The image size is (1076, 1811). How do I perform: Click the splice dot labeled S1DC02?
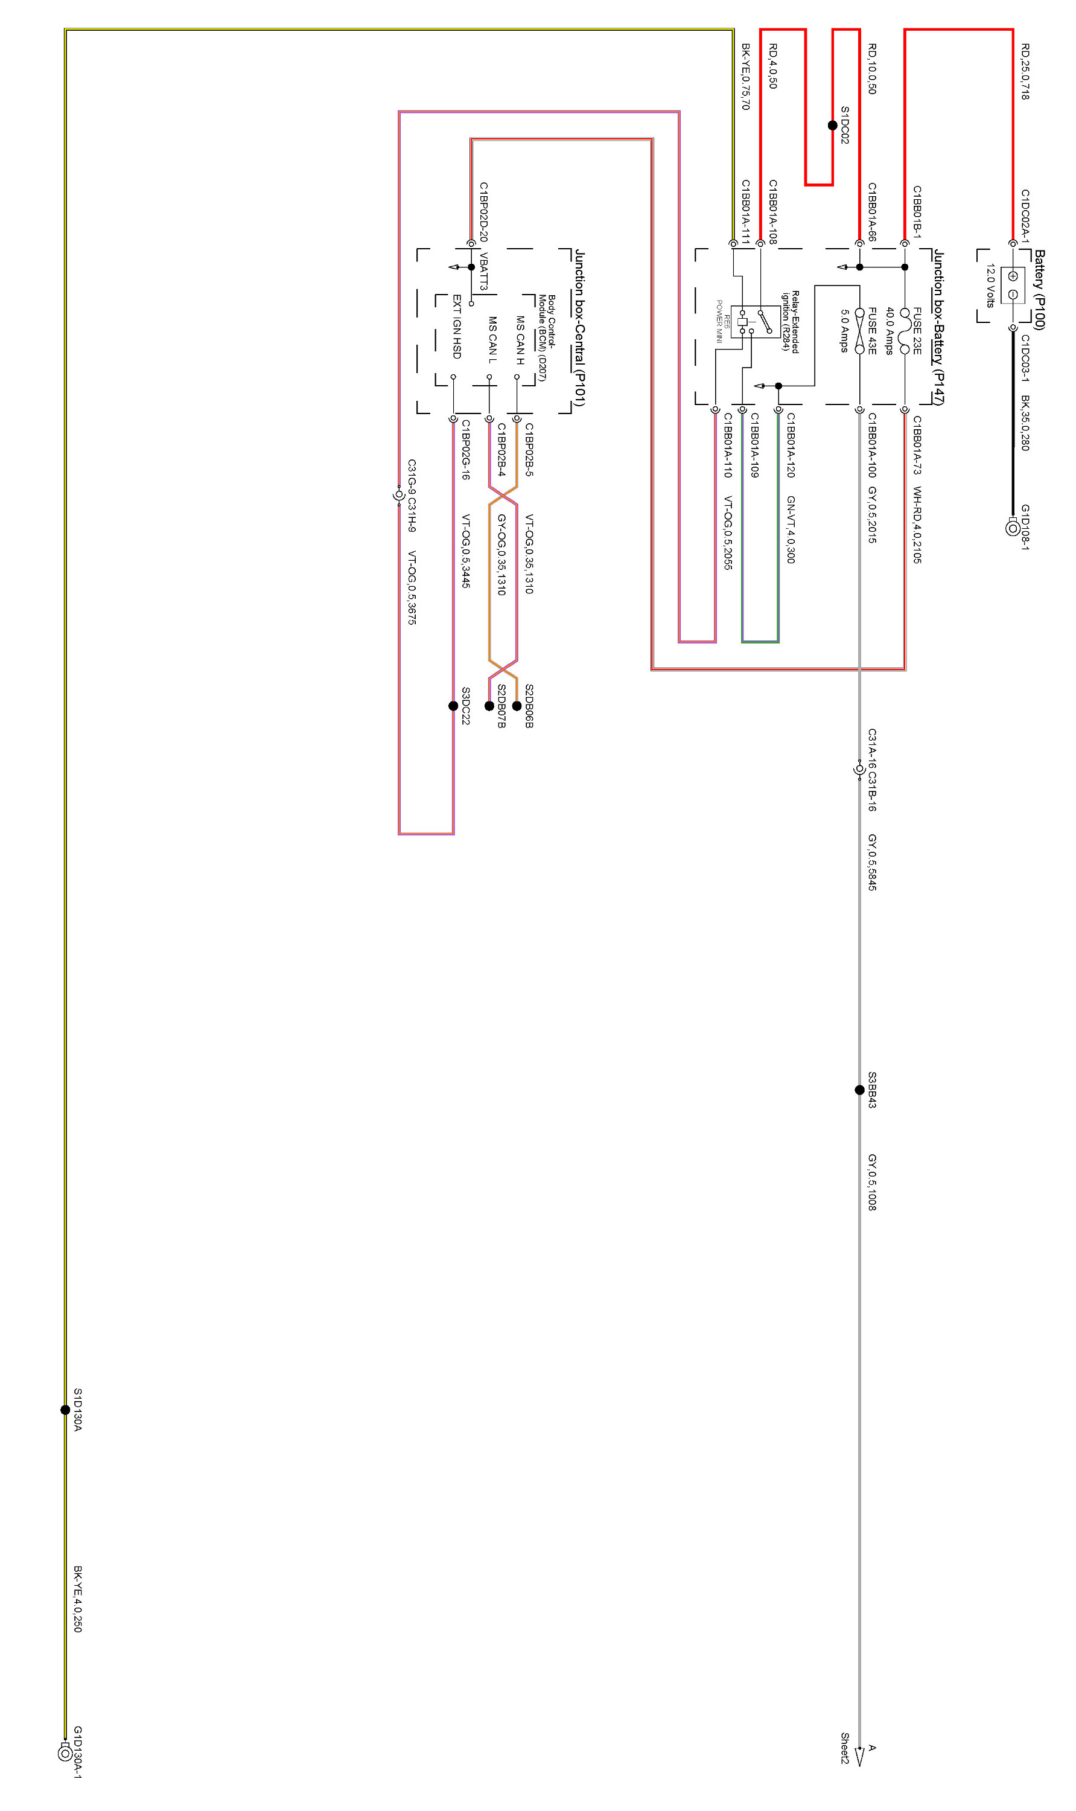pyautogui.click(x=832, y=126)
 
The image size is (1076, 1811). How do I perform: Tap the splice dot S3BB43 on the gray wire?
pyautogui.click(x=859, y=1090)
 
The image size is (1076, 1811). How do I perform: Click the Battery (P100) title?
pyautogui.click(x=1039, y=289)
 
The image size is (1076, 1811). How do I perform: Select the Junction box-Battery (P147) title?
pyautogui.click(x=938, y=327)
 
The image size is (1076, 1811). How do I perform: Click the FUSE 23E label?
pyautogui.click(x=917, y=331)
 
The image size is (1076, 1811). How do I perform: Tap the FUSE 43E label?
pyautogui.click(x=872, y=331)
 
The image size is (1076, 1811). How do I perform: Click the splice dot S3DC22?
pyautogui.click(x=453, y=706)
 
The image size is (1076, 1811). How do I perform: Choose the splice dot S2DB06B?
pyautogui.click(x=516, y=706)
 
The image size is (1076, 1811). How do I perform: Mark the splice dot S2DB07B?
pyautogui.click(x=489, y=706)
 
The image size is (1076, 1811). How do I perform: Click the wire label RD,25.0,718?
pyautogui.click(x=1025, y=71)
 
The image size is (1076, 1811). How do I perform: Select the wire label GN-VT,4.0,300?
pyautogui.click(x=791, y=529)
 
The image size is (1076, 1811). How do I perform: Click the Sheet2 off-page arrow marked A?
pyautogui.click(x=860, y=1755)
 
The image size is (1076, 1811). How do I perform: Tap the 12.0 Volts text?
pyautogui.click(x=990, y=286)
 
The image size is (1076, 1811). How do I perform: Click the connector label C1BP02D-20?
pyautogui.click(x=483, y=212)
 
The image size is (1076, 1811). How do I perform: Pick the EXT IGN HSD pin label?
pyautogui.click(x=457, y=327)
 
